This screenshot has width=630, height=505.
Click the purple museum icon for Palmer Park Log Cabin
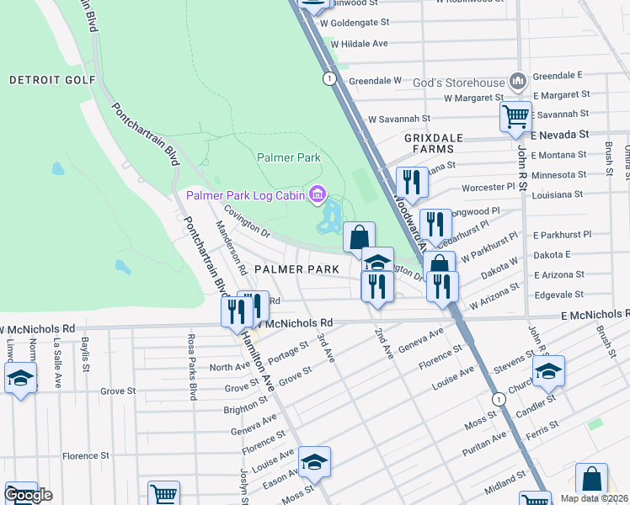point(317,196)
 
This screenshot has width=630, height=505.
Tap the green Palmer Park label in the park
point(288,157)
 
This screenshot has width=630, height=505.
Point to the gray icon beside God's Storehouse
point(517,82)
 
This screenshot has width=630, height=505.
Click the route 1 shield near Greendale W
point(328,78)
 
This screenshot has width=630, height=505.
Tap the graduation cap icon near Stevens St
point(548,369)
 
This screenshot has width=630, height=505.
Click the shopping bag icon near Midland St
point(591,478)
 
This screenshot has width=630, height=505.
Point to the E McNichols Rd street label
point(593,314)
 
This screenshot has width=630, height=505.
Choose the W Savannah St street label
point(399,120)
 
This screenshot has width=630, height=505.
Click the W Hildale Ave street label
point(359,43)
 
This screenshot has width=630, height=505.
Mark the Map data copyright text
point(594,498)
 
